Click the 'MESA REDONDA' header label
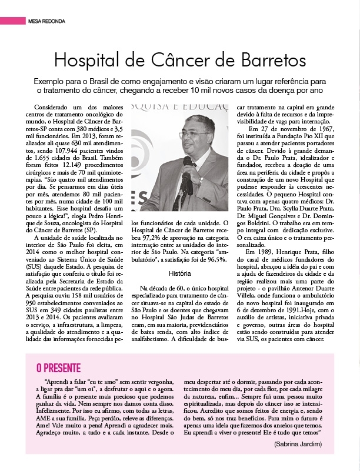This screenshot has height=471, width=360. [48, 21]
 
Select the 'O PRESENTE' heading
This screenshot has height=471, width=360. [59, 368]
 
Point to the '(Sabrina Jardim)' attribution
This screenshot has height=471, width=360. [298, 443]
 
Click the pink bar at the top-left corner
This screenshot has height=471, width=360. [12, 21]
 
